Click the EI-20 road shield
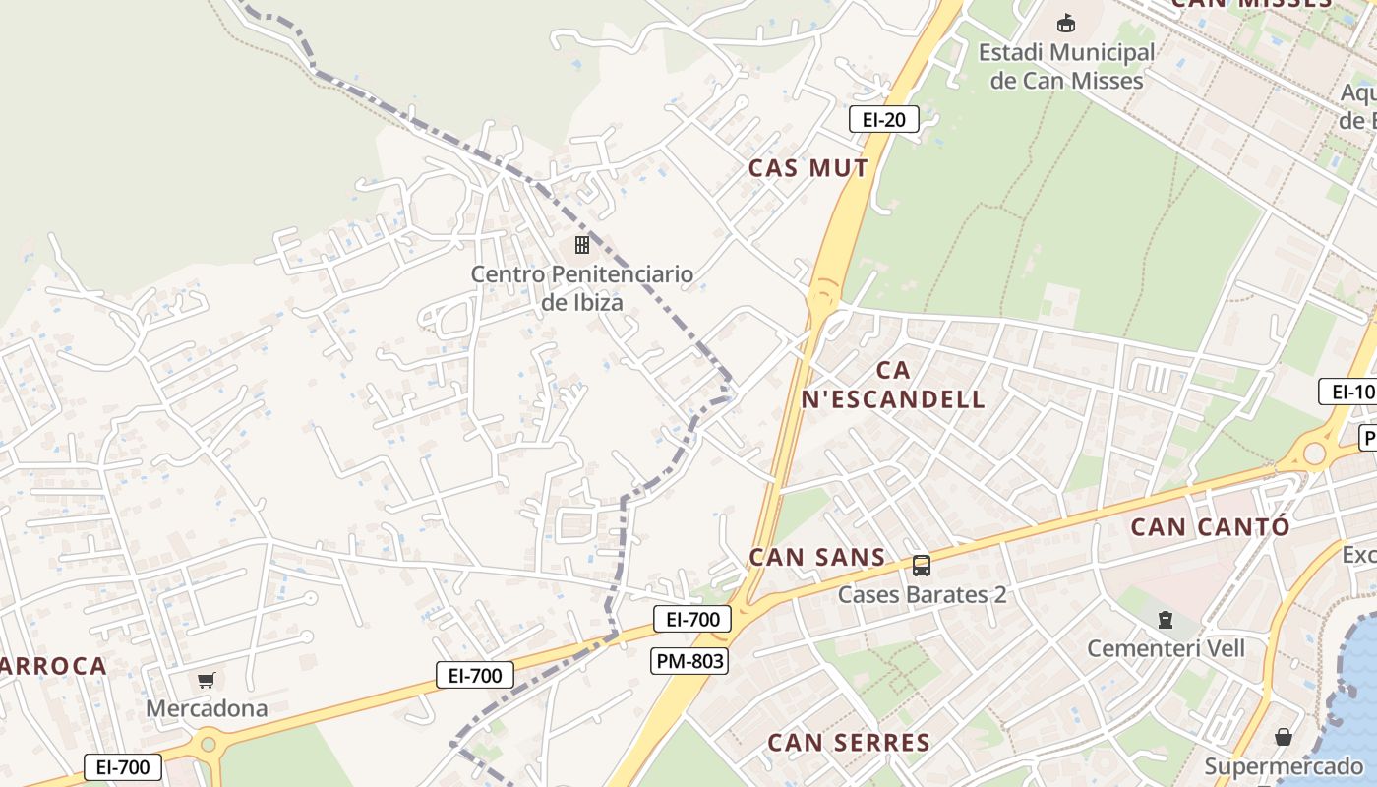pos(883,120)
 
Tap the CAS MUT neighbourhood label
pos(808,168)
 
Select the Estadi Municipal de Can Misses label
pos(1066,66)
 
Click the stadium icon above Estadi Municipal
pos(1065,22)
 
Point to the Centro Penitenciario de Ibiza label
pos(581,287)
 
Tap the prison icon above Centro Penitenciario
pos(582,244)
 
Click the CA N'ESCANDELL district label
pos(893,385)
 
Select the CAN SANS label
pos(817,557)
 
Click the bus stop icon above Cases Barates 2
pos(921,565)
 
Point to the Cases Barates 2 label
pos(922,594)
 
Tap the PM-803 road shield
pos(688,661)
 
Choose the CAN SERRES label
pos(848,742)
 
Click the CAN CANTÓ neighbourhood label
pos(1209,526)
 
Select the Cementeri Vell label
pos(1166,648)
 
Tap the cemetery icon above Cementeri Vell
pos(1166,620)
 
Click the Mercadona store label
pos(207,708)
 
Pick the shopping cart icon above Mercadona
pos(207,680)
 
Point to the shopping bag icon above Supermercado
pos(1284,736)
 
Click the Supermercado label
pos(1284,765)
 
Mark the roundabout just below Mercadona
pos(208,744)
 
